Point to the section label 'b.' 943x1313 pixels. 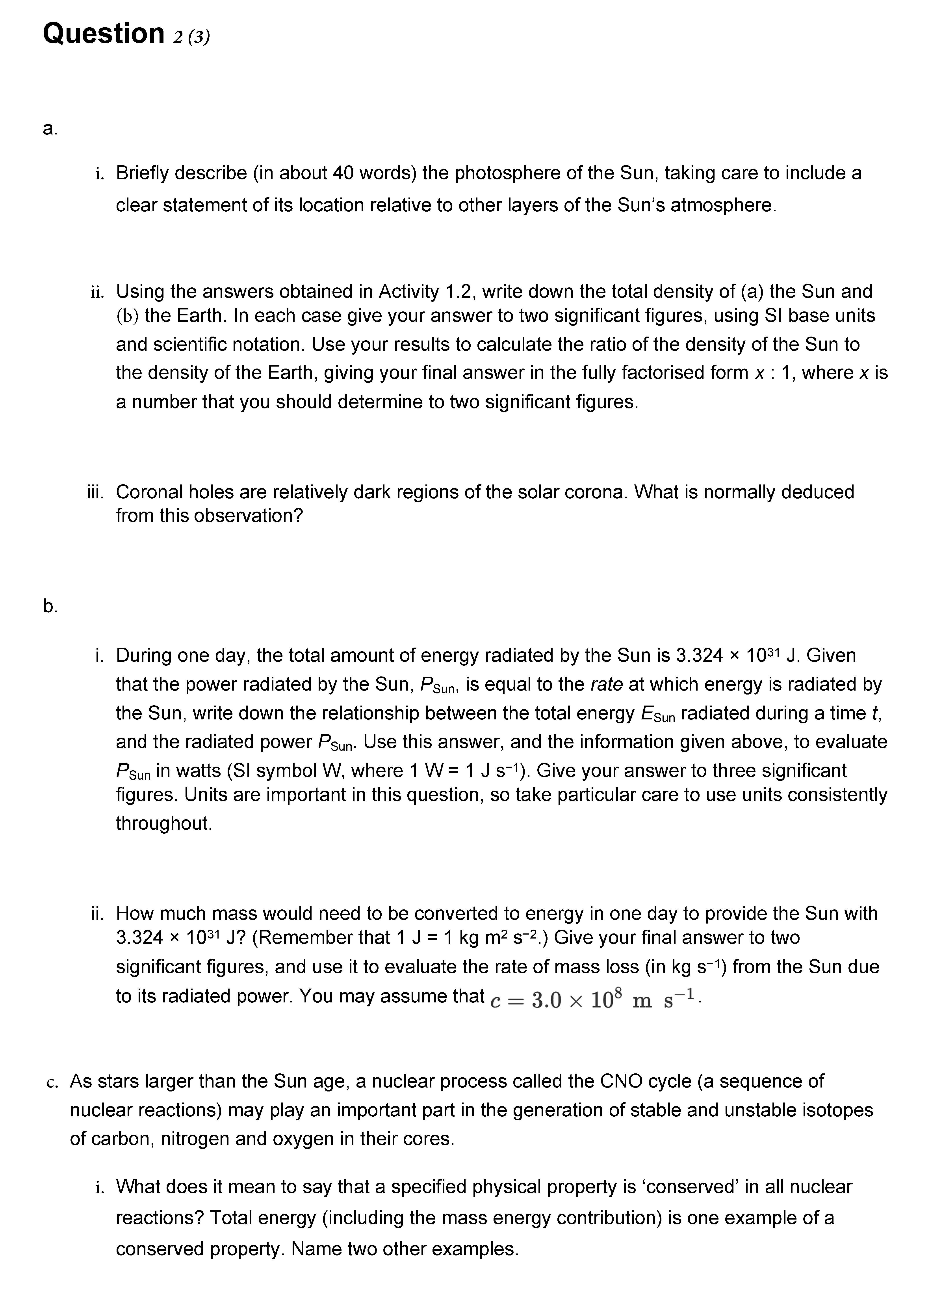(50, 606)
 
